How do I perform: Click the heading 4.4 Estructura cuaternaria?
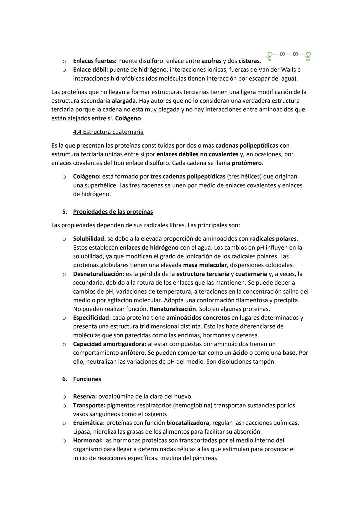tap(108, 132)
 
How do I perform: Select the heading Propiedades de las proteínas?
tap(113, 212)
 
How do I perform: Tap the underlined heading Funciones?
tap(87, 379)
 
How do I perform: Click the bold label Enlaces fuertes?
tap(95, 61)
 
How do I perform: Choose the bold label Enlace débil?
tap(90, 70)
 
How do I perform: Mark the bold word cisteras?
tap(249, 61)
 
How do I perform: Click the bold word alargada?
tap(124, 101)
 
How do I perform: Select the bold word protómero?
tap(247, 163)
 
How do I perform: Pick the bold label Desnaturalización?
tap(98, 274)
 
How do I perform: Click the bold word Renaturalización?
tap(172, 309)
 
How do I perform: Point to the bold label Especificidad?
tap(92, 318)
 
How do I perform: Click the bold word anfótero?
tap(132, 353)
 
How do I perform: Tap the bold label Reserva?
tap(85, 397)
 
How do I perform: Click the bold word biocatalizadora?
tap(188, 423)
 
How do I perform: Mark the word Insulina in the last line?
tap(171, 458)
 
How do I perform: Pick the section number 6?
tap(64, 379)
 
